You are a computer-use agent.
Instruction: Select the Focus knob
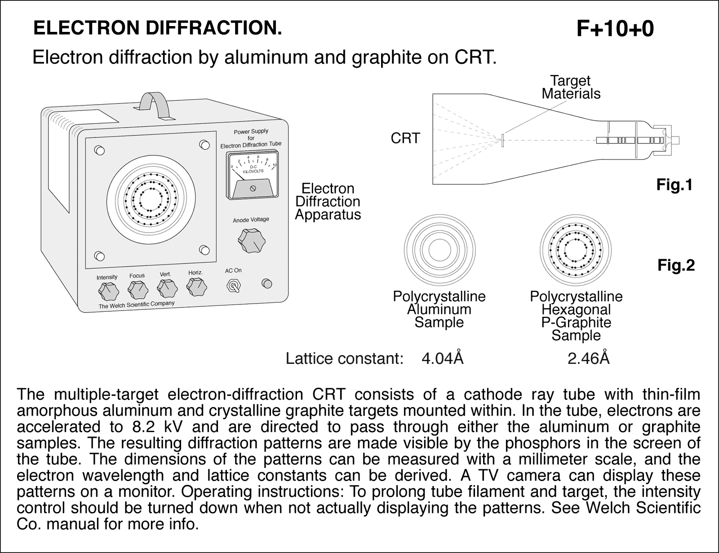[x=138, y=290]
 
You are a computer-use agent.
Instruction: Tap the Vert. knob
[x=166, y=288]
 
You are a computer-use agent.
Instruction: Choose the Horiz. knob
[x=196, y=286]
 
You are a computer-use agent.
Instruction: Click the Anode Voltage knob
[x=251, y=241]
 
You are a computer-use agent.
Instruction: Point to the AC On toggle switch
[x=234, y=286]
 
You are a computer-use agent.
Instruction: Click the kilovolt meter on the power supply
[x=252, y=175]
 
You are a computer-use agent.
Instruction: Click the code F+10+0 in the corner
[x=615, y=29]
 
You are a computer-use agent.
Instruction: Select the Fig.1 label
[x=674, y=185]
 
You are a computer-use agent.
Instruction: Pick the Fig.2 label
[x=676, y=265]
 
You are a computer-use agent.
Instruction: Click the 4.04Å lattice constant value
[x=442, y=358]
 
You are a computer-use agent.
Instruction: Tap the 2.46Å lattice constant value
[x=588, y=358]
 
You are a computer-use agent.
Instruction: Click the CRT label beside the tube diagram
[x=405, y=138]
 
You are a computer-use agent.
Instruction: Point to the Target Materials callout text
[x=571, y=87]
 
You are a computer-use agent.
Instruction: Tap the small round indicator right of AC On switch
[x=267, y=283]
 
